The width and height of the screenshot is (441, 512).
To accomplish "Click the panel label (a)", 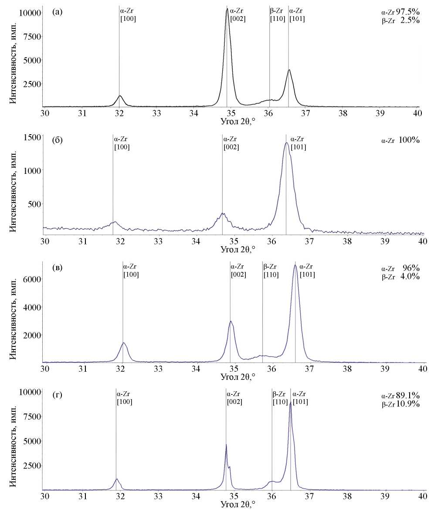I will tap(58, 12).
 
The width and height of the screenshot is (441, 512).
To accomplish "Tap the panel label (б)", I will tap(58, 140).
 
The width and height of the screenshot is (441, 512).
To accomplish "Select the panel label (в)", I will tap(57, 268).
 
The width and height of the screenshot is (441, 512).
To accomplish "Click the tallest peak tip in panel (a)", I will tap(227, 9).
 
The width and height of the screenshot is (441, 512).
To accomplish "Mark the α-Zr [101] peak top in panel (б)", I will tap(286, 142).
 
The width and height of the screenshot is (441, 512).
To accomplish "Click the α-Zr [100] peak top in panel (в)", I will tap(124, 343).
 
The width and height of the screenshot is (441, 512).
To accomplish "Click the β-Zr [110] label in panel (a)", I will tap(277, 15).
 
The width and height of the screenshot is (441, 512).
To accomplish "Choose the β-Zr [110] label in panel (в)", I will tap(271, 271).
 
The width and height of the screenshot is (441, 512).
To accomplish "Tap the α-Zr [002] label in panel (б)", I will tap(231, 143).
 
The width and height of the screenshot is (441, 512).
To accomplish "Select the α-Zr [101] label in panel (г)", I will tap(300, 398).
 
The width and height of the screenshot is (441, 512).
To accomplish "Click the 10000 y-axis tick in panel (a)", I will tap(30, 13).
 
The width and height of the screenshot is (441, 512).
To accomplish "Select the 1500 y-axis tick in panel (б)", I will tap(32, 137).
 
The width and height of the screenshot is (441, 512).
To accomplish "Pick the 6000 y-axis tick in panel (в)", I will tap(32, 279).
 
